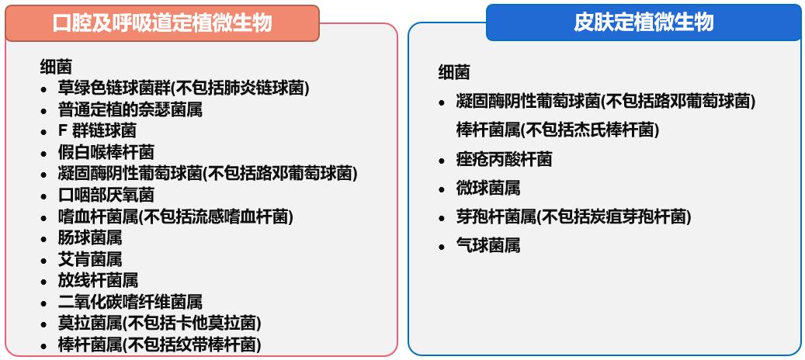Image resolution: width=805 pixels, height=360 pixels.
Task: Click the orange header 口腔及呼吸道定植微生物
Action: (162, 23)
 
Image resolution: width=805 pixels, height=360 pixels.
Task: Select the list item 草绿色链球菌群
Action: (183, 88)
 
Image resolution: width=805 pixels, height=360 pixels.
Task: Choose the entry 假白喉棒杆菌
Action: (106, 151)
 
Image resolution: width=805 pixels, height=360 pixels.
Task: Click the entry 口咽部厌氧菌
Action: (106, 194)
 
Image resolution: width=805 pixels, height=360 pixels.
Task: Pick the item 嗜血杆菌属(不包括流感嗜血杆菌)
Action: (175, 216)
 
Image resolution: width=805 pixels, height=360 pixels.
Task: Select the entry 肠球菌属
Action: (90, 237)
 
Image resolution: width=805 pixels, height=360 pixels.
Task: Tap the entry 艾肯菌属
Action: (90, 258)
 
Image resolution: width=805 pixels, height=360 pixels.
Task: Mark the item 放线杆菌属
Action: (98, 279)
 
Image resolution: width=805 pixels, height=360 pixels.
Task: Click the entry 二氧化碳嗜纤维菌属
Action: (130, 301)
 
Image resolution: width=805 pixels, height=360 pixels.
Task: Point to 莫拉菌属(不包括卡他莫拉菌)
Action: (159, 322)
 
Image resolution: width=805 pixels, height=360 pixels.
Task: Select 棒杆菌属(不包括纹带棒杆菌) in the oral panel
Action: (159, 344)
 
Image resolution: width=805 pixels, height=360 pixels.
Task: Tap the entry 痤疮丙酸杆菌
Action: (504, 160)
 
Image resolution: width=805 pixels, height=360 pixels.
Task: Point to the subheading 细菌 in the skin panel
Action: (454, 73)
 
